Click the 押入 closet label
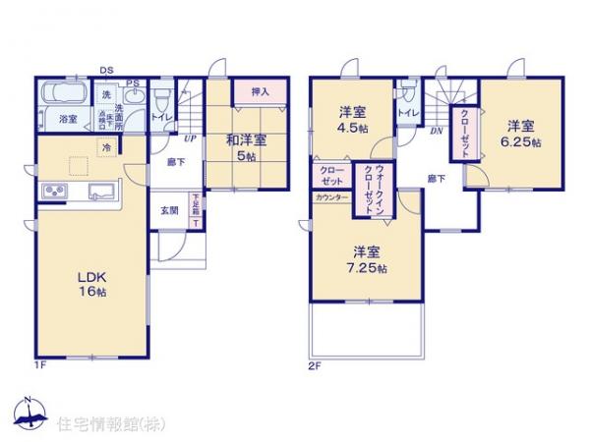(259, 91)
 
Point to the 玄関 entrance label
(169, 210)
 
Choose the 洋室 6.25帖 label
(521, 133)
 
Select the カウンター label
(331, 197)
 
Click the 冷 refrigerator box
(104, 147)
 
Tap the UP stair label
(189, 138)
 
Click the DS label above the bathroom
(104, 70)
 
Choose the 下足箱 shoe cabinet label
(195, 208)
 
